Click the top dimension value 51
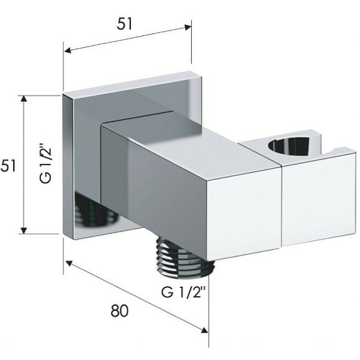(125, 24)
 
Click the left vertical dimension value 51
(8, 166)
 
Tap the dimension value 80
(120, 311)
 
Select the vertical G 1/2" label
(45, 163)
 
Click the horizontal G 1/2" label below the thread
(183, 292)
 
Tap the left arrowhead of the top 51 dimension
(68, 50)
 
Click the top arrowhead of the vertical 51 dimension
(24, 99)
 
